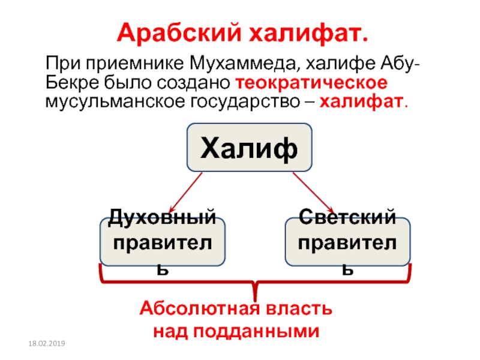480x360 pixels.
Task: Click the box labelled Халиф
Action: click(249, 148)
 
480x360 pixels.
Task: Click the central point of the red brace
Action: click(255, 288)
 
